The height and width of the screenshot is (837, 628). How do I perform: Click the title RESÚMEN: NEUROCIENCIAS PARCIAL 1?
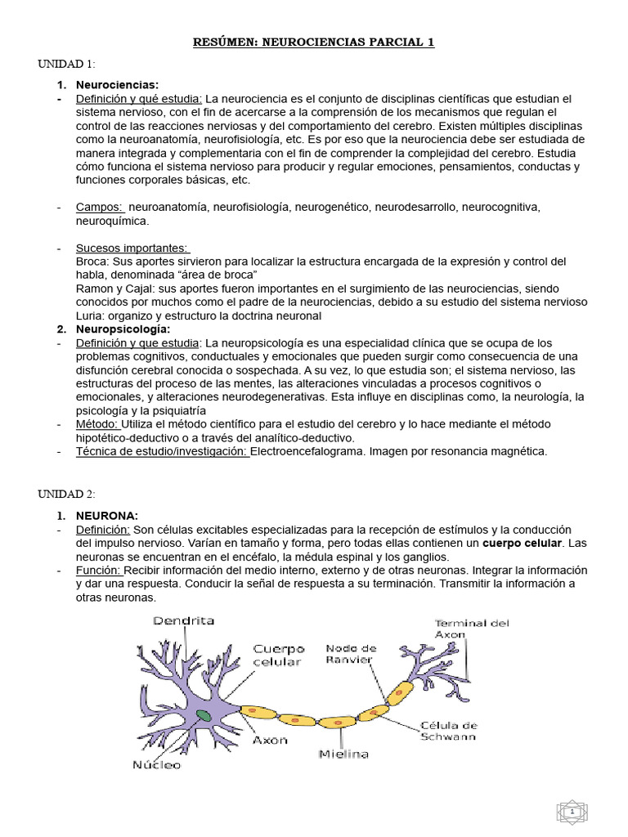click(313, 43)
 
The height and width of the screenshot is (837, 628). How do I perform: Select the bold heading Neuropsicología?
click(117, 329)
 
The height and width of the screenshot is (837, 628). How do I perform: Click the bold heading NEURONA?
click(107, 515)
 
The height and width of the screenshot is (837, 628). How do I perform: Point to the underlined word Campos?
click(99, 208)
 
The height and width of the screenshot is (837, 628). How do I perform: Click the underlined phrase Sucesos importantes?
click(132, 248)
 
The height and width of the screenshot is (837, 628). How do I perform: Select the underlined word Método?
click(96, 423)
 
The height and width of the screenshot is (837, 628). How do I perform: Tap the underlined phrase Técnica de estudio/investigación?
click(162, 450)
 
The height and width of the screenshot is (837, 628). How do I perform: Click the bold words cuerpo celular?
click(523, 543)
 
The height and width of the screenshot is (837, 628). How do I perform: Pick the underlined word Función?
click(99, 569)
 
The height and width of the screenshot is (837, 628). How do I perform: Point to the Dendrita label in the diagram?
click(184, 621)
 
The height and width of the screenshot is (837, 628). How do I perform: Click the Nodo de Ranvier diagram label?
click(349, 654)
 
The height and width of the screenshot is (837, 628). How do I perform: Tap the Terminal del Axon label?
click(471, 628)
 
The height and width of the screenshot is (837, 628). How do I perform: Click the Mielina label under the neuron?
click(343, 753)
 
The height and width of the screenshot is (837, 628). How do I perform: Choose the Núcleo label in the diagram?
click(156, 765)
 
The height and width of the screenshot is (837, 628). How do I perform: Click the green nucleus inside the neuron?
click(203, 715)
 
